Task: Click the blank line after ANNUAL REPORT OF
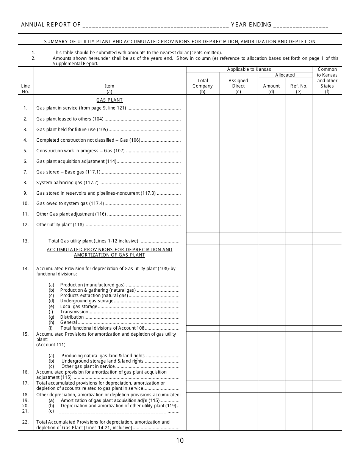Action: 155,25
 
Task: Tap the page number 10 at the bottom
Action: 180,440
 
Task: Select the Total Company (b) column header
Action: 203,86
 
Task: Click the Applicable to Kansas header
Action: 249,69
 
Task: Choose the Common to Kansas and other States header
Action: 327,80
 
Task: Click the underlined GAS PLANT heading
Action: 110,100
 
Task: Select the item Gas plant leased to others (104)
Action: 70,119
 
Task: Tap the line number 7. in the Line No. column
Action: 25,172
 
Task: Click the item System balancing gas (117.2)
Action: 67,183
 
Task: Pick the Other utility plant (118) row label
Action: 60,225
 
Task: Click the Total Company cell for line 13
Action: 203,239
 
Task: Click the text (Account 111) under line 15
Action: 51,345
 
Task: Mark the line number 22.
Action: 25,422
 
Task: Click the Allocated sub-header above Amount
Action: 285,75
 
